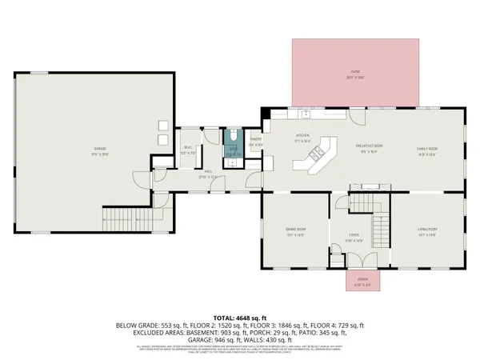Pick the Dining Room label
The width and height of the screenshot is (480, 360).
[297, 232]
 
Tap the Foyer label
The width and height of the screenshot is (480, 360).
[354, 235]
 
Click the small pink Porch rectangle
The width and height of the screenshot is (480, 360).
[362, 280]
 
